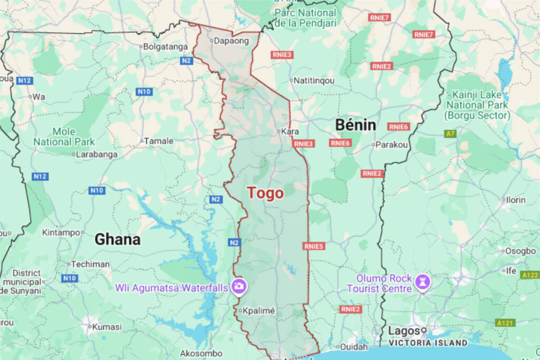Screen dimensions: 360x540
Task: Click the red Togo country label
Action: click(266, 193)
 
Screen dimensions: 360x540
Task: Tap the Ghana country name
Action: click(118, 239)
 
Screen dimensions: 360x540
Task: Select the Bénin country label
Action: click(356, 125)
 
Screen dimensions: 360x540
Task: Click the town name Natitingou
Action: click(315, 81)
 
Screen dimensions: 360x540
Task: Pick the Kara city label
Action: click(290, 131)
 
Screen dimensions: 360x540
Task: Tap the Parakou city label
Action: click(392, 144)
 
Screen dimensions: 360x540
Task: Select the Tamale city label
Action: click(159, 141)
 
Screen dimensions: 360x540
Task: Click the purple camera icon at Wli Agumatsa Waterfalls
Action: click(239, 286)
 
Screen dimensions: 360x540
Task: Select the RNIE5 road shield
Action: click(314, 246)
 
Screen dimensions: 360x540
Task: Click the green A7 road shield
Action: click(450, 134)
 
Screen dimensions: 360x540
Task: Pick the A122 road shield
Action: click(529, 275)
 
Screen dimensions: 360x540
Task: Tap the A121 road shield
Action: click(505, 322)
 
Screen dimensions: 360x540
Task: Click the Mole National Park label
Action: click(64, 137)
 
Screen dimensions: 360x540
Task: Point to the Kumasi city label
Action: click(107, 326)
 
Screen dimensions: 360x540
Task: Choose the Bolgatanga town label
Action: click(166, 46)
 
